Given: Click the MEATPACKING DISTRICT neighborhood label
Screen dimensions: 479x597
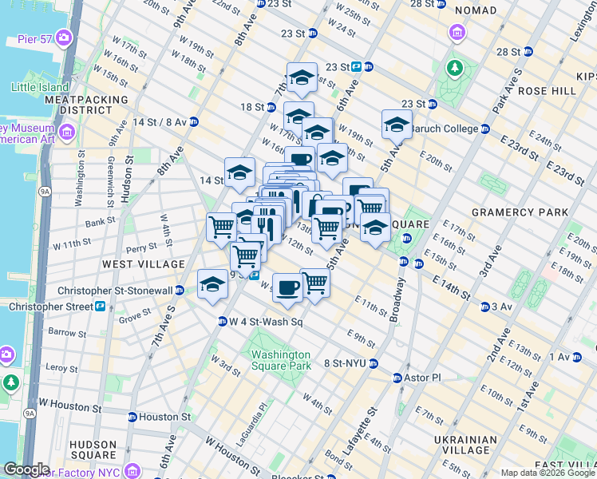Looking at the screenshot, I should coord(86,105).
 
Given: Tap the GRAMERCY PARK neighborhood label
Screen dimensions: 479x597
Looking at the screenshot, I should coord(520,212).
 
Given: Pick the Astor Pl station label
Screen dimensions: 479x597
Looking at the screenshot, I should coord(424,377).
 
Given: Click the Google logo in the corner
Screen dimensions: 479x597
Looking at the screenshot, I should coord(26,469).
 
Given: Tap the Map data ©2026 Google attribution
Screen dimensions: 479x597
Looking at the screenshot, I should coord(548,473).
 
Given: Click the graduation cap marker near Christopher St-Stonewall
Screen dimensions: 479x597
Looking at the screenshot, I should coord(212,286).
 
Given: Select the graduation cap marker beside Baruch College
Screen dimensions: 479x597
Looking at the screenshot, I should coord(397,125).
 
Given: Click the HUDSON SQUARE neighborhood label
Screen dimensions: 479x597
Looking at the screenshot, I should coord(93,449).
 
